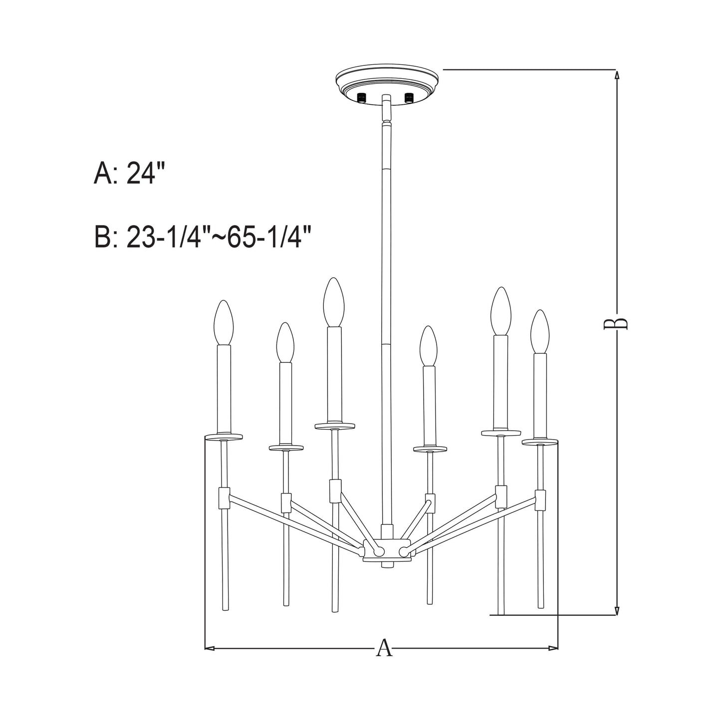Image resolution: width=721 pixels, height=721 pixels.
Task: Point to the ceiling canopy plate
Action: pos(388,84)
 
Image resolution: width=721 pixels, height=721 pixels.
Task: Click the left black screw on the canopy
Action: pos(361,97)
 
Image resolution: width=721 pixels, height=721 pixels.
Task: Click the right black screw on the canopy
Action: pos(410,97)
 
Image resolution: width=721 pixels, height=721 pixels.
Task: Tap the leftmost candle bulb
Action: pos(224,322)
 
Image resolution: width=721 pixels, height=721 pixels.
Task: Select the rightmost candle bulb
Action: pos(540,331)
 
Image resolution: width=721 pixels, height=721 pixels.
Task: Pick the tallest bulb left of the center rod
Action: pos(333,302)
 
